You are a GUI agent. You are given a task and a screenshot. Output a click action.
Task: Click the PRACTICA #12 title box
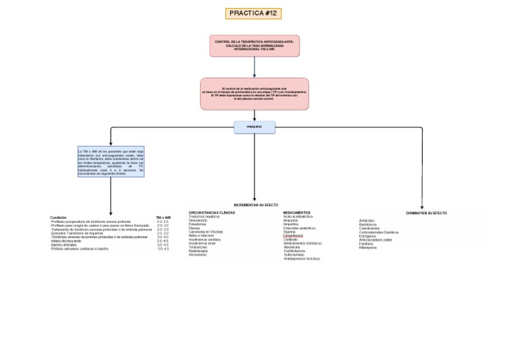tap(254, 13)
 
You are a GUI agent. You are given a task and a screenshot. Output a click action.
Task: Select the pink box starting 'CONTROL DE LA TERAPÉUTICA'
tap(254, 46)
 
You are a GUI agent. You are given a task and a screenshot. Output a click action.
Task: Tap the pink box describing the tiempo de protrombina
tap(254, 93)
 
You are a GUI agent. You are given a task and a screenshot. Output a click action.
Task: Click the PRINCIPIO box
tap(254, 127)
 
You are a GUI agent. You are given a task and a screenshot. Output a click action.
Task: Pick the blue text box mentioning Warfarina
tap(111, 162)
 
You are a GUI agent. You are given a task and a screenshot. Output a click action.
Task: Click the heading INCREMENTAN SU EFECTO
tap(256, 206)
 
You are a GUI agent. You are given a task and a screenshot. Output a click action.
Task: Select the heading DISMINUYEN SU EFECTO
tap(426, 213)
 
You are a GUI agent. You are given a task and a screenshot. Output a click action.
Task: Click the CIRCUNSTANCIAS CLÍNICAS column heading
tap(212, 213)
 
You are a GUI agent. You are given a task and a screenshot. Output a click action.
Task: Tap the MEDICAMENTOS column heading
tap(296, 213)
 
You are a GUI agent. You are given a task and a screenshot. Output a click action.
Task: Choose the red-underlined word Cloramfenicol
tap(293, 236)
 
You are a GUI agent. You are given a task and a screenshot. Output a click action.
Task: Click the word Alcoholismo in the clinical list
tap(198, 255)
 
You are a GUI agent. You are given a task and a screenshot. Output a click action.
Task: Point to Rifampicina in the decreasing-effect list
tap(368, 247)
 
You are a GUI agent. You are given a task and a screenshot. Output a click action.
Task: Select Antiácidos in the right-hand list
tap(367, 221)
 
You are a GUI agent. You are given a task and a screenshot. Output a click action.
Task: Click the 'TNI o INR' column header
tap(163, 217)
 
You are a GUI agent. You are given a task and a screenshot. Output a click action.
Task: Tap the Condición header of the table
tap(58, 217)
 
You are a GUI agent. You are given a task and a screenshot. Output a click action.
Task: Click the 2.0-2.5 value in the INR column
tap(162, 221)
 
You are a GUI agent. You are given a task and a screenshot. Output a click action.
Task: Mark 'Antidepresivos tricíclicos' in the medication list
tap(302, 259)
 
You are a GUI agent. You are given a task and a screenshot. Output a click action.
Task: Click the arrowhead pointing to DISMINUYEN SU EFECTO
tap(422, 207)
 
